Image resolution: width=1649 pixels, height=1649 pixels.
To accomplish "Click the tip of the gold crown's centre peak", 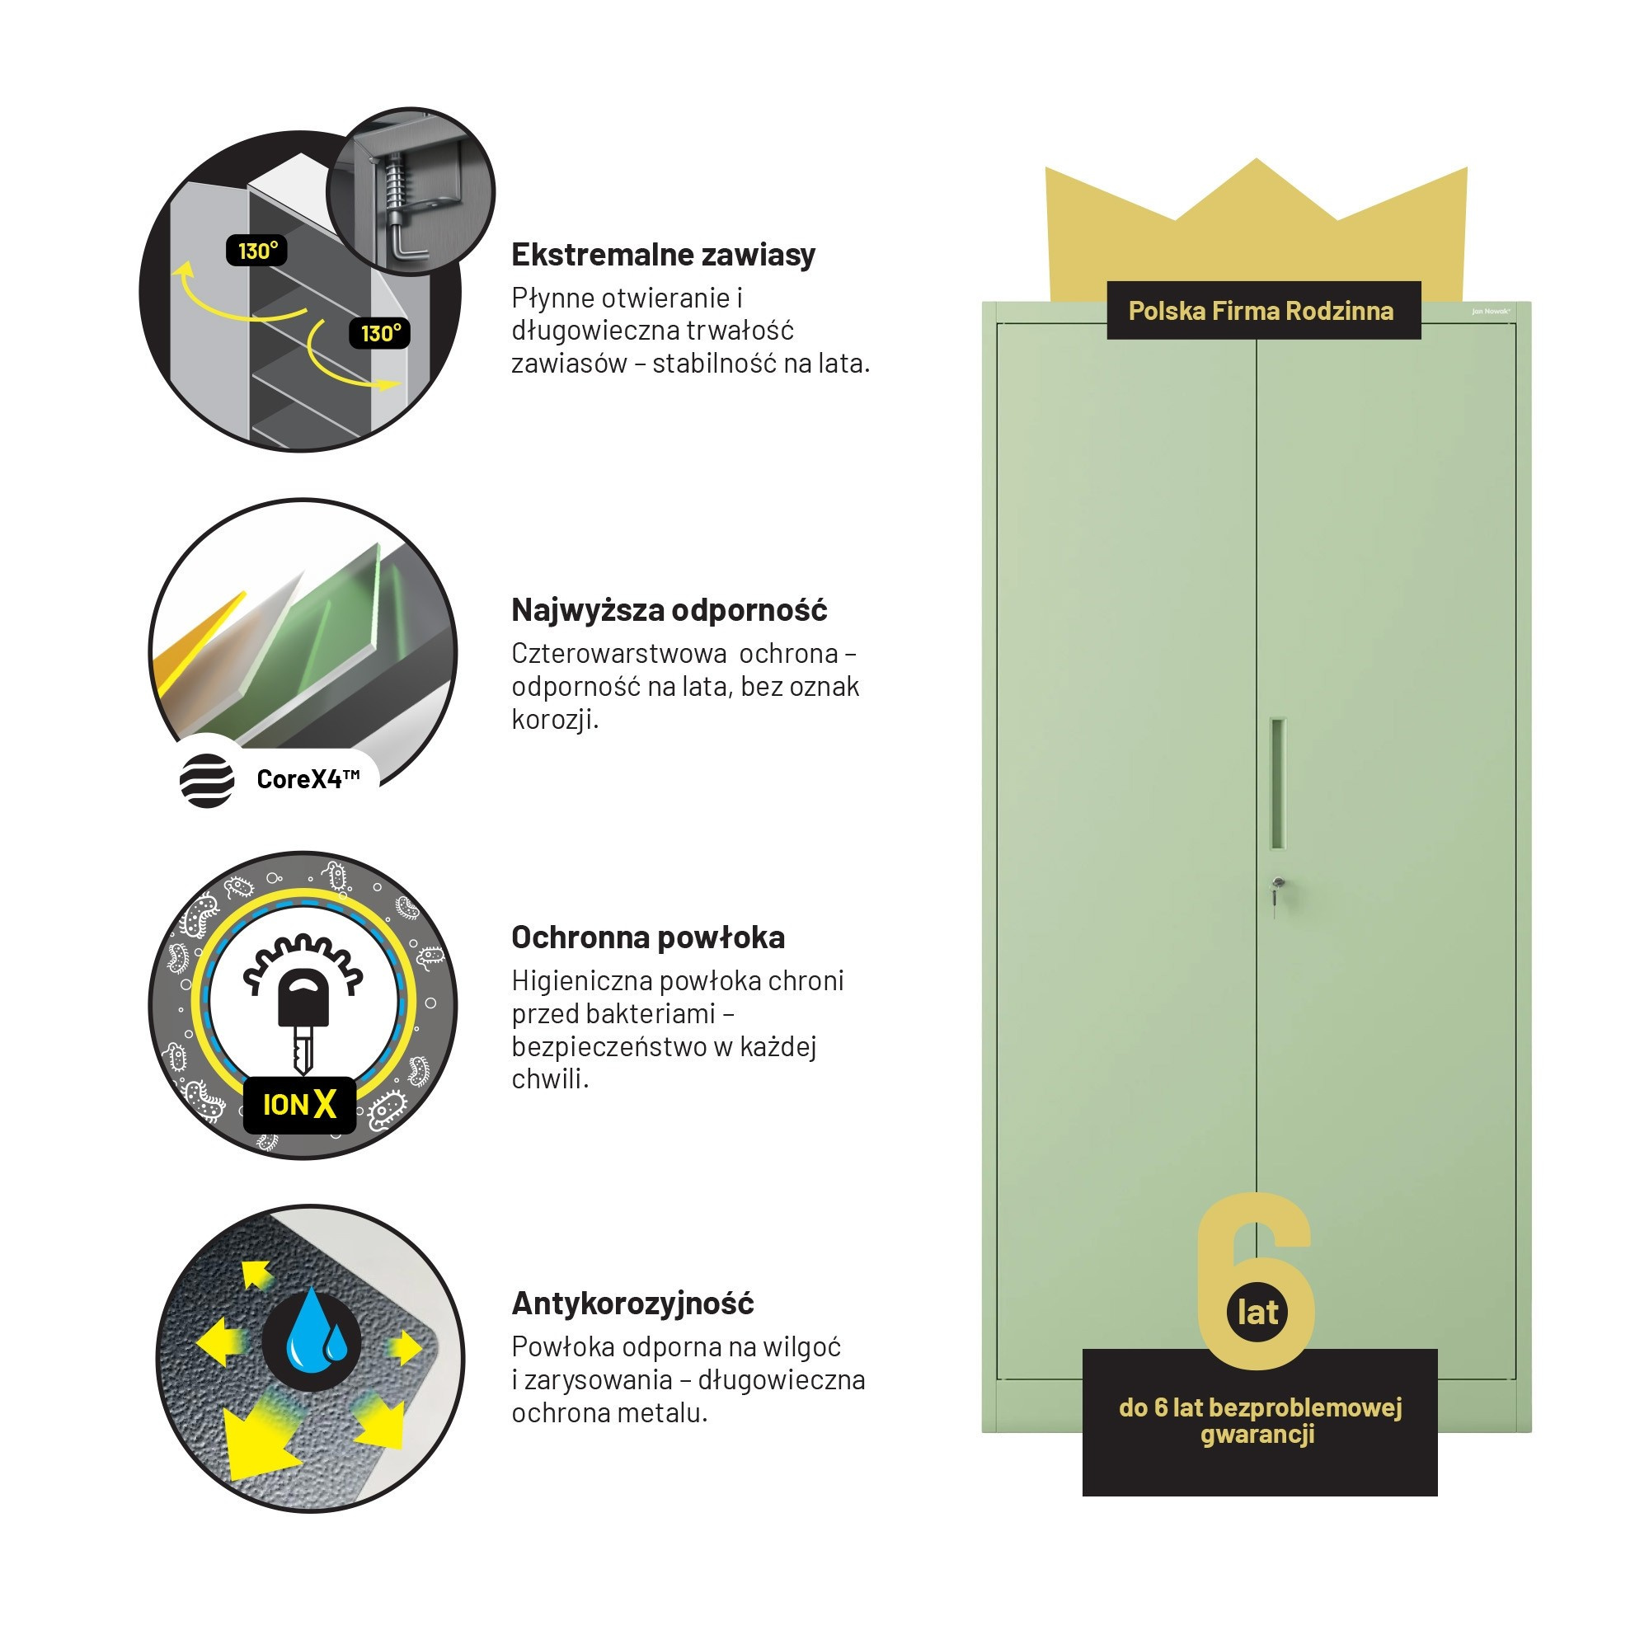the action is pos(1257,159).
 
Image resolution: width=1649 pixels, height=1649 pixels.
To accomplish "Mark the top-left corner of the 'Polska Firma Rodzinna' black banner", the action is pos(1107,282).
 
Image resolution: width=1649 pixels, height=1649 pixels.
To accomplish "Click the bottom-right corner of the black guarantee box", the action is pos(1437,1496).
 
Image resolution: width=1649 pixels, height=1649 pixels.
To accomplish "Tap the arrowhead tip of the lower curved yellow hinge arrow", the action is pos(399,384).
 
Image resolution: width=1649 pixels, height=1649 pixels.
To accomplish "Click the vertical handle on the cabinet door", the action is pos(1278,783).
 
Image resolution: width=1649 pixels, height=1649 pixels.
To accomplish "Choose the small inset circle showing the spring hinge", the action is pos(411,191).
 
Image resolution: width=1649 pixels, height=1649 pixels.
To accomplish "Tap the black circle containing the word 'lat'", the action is pos(1258,1312).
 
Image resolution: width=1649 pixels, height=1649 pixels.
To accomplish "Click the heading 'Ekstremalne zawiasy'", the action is pos(663,254).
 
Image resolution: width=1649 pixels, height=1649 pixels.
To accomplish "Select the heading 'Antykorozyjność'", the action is pos(632,1304).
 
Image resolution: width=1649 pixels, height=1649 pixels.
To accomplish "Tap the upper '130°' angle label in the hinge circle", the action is pos(256,251).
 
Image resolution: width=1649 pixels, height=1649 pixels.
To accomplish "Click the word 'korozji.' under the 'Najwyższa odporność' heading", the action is pos(555,719).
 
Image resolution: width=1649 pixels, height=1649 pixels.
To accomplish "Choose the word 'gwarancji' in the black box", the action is pos(1257,1434).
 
